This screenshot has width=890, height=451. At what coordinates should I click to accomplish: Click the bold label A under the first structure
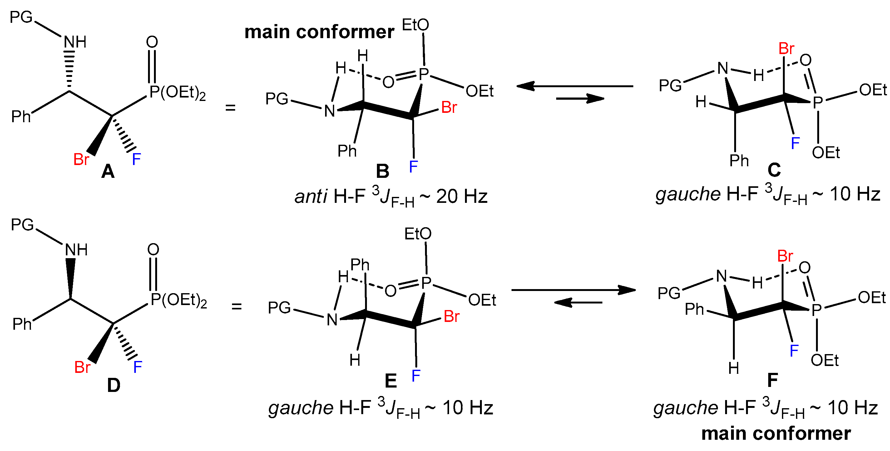(x=108, y=172)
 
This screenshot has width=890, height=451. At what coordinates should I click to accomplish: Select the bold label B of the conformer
(x=383, y=172)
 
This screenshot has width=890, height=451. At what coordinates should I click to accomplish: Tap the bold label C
(x=774, y=170)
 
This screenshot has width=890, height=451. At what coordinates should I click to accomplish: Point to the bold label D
(x=114, y=385)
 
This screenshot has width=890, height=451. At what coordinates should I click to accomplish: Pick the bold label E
(x=391, y=381)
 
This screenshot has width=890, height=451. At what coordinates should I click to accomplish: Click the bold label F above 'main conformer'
(x=773, y=380)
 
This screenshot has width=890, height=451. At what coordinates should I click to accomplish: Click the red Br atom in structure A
(x=81, y=160)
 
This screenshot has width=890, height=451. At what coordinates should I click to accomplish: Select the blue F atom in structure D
(x=137, y=367)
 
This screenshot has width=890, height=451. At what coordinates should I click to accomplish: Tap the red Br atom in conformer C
(x=786, y=49)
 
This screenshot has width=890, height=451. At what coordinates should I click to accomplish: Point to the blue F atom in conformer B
(x=413, y=167)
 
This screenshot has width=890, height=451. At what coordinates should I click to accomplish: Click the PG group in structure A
(x=21, y=17)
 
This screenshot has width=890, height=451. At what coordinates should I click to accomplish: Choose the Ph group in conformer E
(x=360, y=265)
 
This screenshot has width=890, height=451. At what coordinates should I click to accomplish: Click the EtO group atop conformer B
(x=415, y=25)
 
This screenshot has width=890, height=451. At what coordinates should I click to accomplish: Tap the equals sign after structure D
(x=237, y=306)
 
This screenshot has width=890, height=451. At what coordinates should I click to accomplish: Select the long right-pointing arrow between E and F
(x=574, y=290)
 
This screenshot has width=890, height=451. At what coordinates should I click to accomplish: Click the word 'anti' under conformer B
(x=311, y=197)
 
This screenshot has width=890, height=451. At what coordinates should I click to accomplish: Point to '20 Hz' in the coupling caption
(x=462, y=197)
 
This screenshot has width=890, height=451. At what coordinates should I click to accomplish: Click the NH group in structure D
(x=77, y=250)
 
